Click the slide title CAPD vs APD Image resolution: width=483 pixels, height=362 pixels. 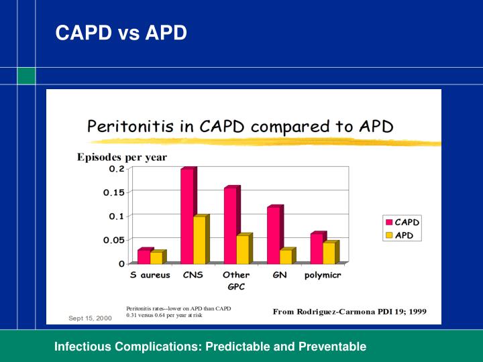pyautogui.click(x=121, y=32)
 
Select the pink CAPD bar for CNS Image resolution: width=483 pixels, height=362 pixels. pyautogui.click(x=187, y=216)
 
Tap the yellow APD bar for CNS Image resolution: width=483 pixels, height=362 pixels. pyautogui.click(x=199, y=240)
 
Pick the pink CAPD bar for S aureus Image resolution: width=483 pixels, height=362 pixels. pyautogui.click(x=144, y=257)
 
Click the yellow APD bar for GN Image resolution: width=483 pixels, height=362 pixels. pyautogui.click(x=285, y=257)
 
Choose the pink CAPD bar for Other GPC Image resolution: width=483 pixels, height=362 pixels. pyautogui.click(x=230, y=225)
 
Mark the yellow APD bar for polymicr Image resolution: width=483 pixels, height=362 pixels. pyautogui.click(x=329, y=253)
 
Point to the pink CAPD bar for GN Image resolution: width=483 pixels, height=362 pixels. pyautogui.click(x=273, y=235)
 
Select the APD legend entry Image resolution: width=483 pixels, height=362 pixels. pyautogui.click(x=401, y=235)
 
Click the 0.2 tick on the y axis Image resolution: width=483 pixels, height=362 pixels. pyautogui.click(x=116, y=169)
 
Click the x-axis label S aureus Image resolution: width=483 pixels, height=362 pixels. pyautogui.click(x=150, y=275)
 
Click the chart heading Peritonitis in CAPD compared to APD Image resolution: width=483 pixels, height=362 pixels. pyautogui.click(x=240, y=126)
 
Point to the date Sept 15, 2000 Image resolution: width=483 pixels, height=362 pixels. pyautogui.click(x=90, y=318)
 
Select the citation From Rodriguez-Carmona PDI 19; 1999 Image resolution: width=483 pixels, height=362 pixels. pyautogui.click(x=349, y=312)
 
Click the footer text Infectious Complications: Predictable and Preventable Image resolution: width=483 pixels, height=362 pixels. pyautogui.click(x=210, y=347)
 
